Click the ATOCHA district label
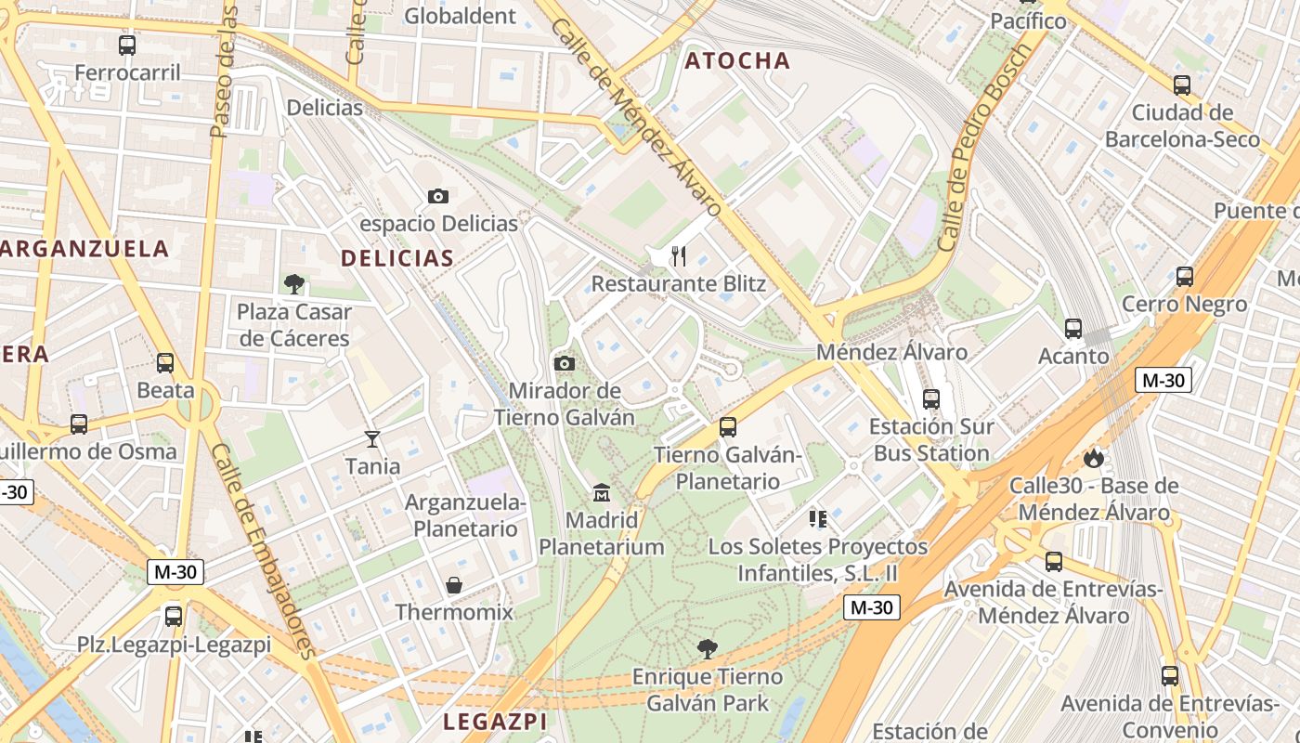[x=737, y=61]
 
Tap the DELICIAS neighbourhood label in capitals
[x=396, y=258]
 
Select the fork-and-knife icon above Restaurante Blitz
[x=679, y=255]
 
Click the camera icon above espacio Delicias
[x=438, y=196]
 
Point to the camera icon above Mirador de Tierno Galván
[x=564, y=363]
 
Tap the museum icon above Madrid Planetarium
[x=601, y=491]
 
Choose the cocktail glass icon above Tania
[x=372, y=438]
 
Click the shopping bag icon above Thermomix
[x=454, y=585]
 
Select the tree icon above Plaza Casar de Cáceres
[x=294, y=283]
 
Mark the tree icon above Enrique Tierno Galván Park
[x=708, y=648]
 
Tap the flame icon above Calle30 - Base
[x=1094, y=458]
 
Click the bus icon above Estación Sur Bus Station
[x=931, y=399]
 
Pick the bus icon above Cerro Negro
[x=1184, y=277]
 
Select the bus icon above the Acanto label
[x=1073, y=329]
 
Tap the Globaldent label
[x=461, y=16]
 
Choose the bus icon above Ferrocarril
[x=127, y=45]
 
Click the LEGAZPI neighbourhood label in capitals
[x=495, y=722]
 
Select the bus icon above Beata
[x=165, y=363]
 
